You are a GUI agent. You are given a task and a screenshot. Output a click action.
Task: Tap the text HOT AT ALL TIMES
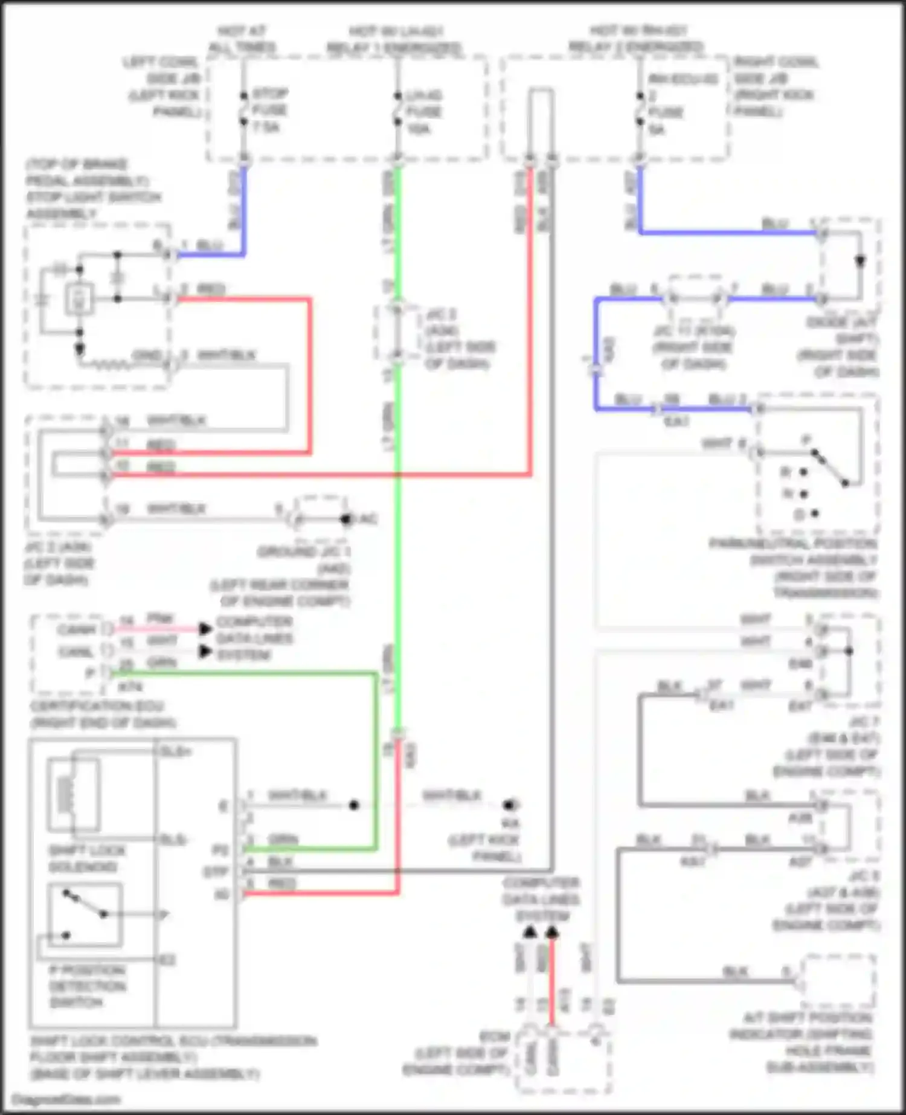click(x=242, y=39)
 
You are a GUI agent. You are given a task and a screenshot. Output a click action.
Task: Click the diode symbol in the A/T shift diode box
click(x=859, y=261)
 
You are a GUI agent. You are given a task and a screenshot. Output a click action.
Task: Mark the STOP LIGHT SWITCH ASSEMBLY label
click(x=94, y=205)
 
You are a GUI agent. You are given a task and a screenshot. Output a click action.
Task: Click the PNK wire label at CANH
click(x=161, y=619)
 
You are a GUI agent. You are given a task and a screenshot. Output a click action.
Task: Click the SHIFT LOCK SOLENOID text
click(x=87, y=858)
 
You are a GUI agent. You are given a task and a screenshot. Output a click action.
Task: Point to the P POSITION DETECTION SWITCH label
click(x=87, y=986)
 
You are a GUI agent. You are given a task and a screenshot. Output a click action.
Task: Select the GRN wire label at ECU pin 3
click(x=283, y=840)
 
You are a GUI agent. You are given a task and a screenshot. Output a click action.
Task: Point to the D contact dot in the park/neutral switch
click(x=815, y=514)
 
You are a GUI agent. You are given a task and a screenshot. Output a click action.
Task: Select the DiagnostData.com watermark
click(x=65, y=1099)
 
